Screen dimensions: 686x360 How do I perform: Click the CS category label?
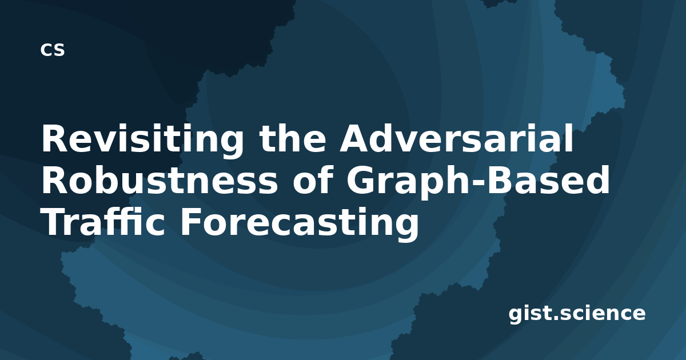[x=53, y=50]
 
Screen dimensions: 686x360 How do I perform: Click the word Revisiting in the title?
[x=142, y=141]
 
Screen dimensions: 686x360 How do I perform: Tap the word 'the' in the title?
[x=293, y=138]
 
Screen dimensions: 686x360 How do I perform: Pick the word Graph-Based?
[x=478, y=182]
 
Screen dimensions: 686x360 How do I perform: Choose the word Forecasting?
[x=300, y=224]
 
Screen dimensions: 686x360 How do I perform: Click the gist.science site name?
[x=577, y=314]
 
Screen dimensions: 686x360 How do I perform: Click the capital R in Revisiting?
[x=55, y=138]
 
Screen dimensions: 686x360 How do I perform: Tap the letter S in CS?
[x=59, y=50]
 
